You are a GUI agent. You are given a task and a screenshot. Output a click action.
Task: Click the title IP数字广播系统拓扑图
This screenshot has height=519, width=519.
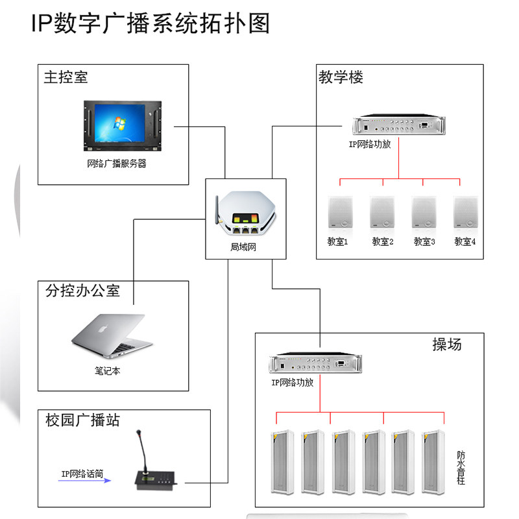click(x=150, y=24)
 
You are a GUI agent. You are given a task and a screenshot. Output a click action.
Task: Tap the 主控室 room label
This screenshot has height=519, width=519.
click(x=66, y=77)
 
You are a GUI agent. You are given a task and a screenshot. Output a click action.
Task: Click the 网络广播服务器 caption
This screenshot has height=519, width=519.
click(x=117, y=163)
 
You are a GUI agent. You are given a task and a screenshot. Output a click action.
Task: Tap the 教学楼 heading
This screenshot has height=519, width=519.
click(x=341, y=77)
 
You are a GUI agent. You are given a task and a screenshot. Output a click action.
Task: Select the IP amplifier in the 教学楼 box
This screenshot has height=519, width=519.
click(x=398, y=125)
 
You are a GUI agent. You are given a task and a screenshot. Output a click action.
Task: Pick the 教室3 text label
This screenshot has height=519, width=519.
click(x=424, y=241)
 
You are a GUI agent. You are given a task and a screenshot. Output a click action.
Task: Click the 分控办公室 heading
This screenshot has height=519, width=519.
click(x=82, y=290)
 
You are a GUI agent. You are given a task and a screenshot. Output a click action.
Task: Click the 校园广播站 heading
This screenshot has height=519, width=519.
click(x=82, y=420)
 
